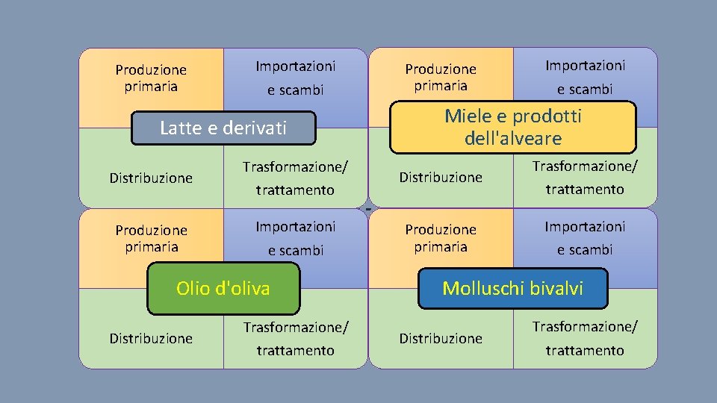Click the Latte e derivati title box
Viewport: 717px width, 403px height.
223,128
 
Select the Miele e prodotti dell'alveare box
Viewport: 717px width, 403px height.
512,127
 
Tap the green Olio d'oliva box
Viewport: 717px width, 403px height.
223,288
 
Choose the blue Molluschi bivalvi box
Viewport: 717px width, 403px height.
512,288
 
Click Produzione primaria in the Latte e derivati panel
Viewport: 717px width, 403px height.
151,78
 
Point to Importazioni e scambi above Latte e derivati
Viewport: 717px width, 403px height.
296,78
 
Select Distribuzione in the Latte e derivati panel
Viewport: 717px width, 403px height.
151,178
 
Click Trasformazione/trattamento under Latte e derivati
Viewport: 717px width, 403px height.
295,178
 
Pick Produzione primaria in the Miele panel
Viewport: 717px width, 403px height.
441,77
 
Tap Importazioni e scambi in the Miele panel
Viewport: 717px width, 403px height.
585,77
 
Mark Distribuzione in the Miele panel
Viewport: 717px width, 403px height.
441,177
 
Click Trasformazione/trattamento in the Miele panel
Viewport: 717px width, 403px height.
585,177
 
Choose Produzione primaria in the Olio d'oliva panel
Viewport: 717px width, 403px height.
151,238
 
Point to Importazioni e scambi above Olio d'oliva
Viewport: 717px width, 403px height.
296,238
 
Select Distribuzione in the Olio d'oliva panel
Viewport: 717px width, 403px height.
151,338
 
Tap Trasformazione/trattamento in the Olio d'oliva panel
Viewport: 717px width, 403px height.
295,338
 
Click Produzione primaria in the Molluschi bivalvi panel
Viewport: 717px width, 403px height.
441,237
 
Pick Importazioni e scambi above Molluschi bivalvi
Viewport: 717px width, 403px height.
585,237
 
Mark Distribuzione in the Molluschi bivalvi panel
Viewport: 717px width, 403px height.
441,338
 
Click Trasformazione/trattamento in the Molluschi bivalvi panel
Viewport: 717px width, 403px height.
585,338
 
